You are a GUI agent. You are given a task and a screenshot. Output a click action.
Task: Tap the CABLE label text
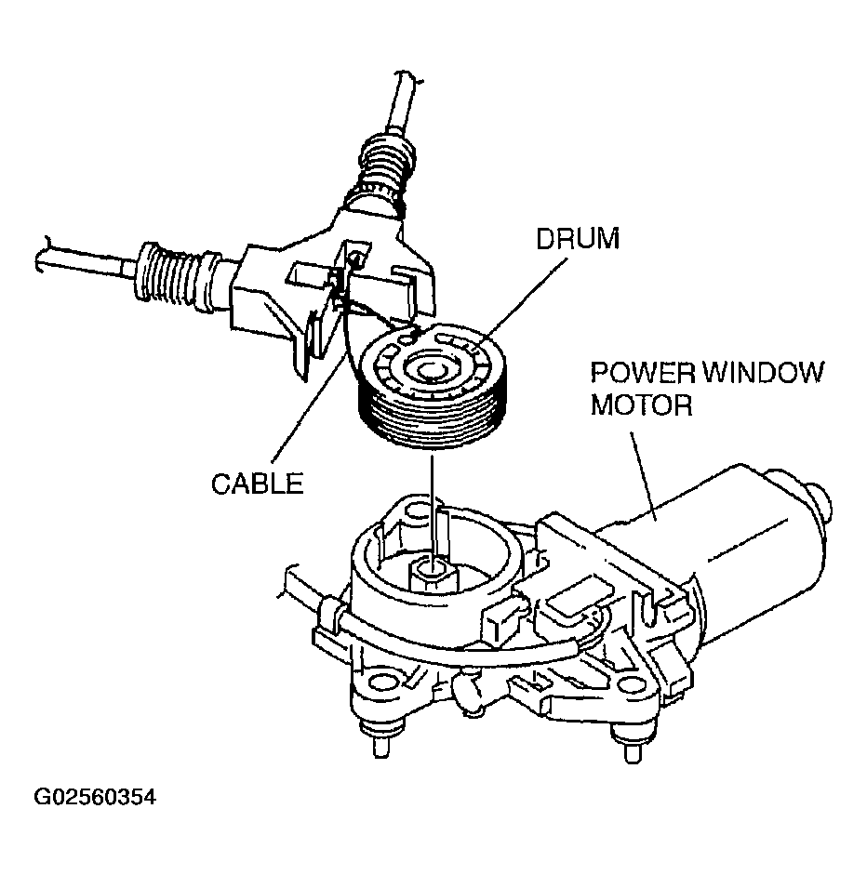coord(258,484)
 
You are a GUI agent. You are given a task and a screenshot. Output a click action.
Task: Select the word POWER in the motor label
coord(642,374)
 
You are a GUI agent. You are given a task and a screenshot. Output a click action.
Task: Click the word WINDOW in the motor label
coord(761,374)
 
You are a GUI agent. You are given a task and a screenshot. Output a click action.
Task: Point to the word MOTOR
coord(642,406)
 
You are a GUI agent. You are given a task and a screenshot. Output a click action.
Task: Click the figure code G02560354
coord(94,797)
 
